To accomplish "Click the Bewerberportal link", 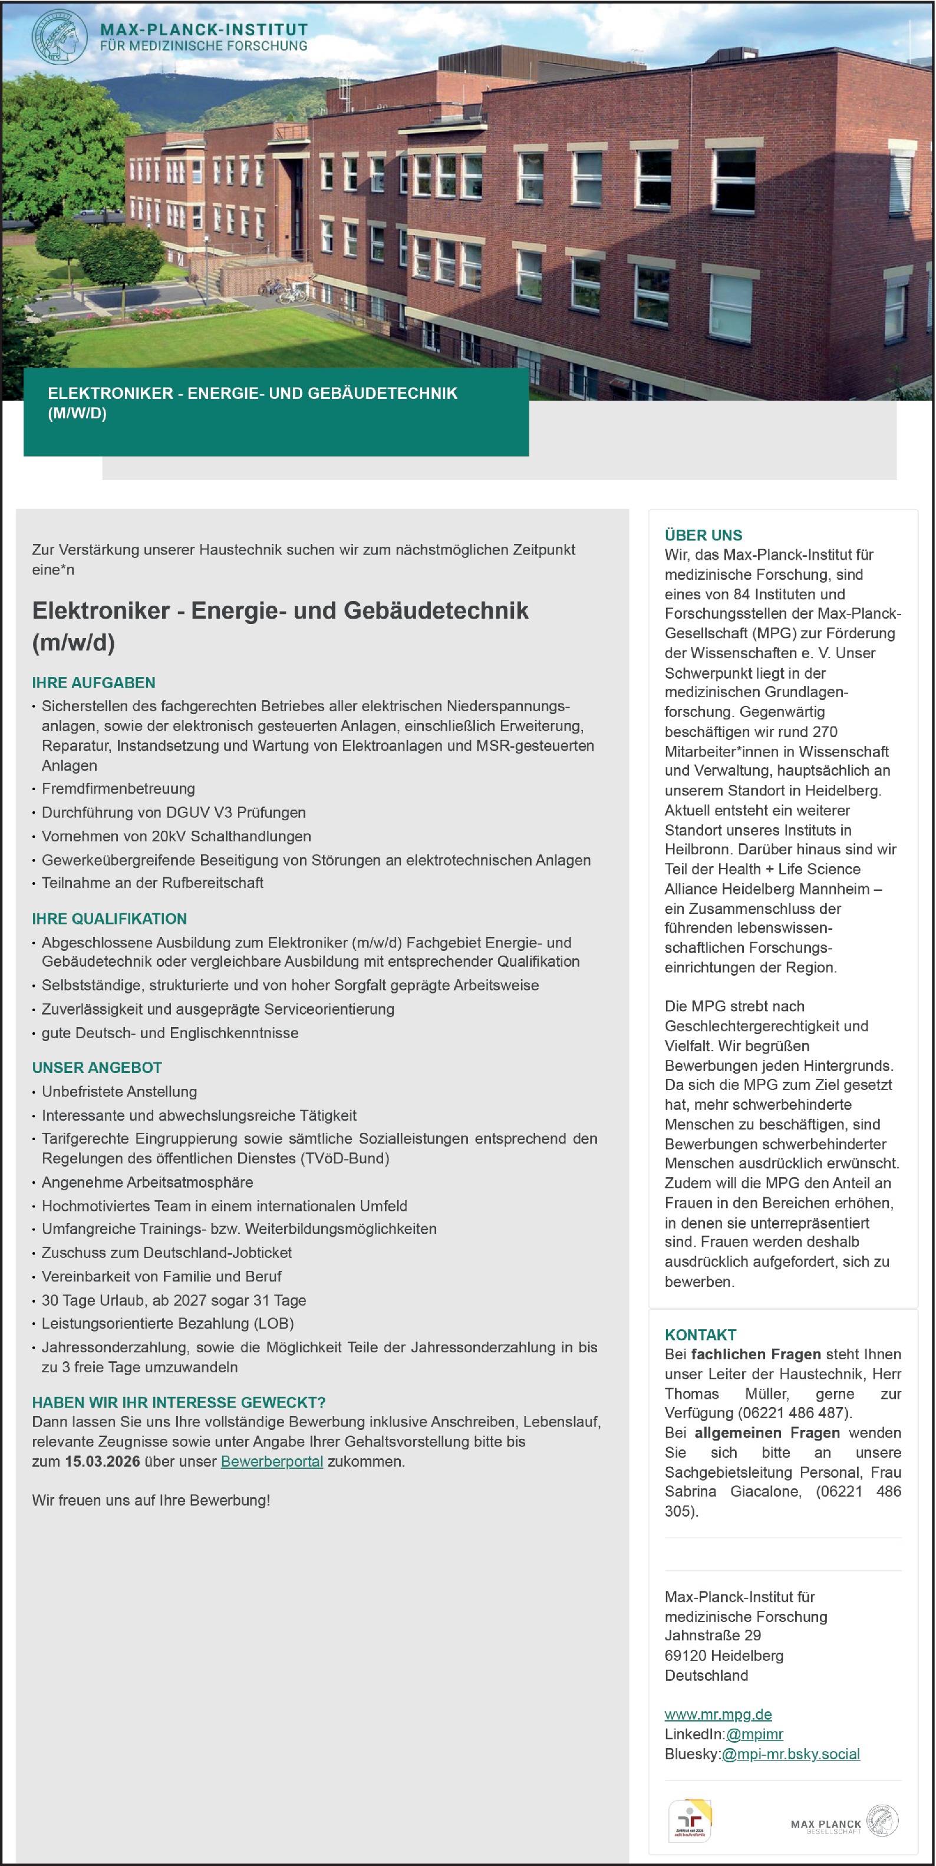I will pos(272,1461).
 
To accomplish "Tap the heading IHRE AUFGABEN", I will pos(94,682).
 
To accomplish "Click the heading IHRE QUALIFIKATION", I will pos(110,919).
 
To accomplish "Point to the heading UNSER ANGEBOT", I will pos(97,1068).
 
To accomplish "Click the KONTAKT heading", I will pos(700,1335).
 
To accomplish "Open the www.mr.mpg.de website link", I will pos(717,1714).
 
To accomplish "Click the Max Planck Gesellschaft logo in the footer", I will pos(844,1822).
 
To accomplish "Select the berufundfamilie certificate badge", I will pos(689,1821).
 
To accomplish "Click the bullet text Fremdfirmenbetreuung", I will pos(118,788).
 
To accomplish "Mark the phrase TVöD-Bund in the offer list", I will pos(348,1158).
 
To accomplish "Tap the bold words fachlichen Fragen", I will pos(756,1354).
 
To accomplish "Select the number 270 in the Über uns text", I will pos(825,732).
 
